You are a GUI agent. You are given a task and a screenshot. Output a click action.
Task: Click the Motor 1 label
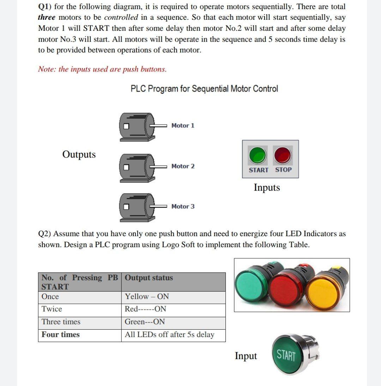[x=183, y=125]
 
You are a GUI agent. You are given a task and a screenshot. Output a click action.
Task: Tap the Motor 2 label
[x=183, y=166]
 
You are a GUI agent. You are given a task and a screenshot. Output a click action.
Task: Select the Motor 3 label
[x=183, y=206]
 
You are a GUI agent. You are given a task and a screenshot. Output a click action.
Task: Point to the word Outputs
[x=79, y=154]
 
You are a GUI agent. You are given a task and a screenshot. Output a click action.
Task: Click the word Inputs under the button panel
[x=267, y=188]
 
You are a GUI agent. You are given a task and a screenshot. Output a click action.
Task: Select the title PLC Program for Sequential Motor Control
[x=204, y=88]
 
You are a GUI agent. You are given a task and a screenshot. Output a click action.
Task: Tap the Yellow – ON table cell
[x=147, y=296]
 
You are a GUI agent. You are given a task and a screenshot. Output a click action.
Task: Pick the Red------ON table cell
[x=145, y=309]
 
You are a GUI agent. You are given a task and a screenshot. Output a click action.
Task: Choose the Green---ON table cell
[x=145, y=322]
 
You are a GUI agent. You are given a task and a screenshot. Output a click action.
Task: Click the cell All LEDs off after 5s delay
[x=170, y=335]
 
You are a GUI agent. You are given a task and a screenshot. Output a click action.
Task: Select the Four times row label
[x=61, y=335]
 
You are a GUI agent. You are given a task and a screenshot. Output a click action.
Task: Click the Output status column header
[x=149, y=278]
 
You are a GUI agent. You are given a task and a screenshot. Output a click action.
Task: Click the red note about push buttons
[x=102, y=69]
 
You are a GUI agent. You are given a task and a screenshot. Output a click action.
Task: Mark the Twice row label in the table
[x=52, y=309]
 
